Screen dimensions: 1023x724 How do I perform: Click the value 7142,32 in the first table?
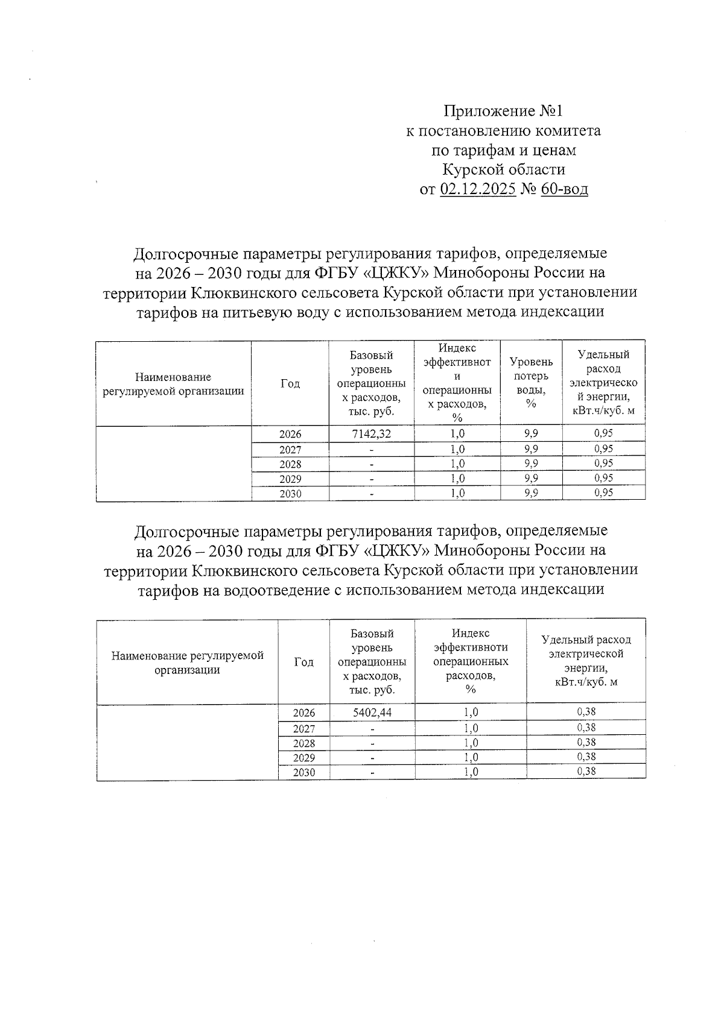point(372,433)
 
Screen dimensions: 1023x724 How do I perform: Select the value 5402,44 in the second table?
point(372,713)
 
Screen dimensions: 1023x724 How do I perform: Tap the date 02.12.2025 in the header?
point(478,189)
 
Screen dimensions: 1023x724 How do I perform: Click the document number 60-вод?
point(564,189)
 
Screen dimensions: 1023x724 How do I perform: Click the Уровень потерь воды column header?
point(531,382)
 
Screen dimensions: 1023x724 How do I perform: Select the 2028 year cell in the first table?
point(290,464)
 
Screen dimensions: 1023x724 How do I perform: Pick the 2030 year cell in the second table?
point(303,773)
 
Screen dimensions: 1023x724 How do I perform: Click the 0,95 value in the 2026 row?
point(603,433)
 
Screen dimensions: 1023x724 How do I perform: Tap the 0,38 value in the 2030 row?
point(586,772)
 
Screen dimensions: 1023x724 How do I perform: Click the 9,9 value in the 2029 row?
point(531,479)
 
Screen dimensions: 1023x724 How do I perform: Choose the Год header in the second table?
point(303,662)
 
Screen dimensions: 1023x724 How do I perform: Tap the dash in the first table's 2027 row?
point(372,450)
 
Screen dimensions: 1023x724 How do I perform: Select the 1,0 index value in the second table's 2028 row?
point(471,743)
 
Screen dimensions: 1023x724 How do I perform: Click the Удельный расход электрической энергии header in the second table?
point(586,661)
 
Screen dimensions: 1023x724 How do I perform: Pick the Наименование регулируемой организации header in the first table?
point(173,384)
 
